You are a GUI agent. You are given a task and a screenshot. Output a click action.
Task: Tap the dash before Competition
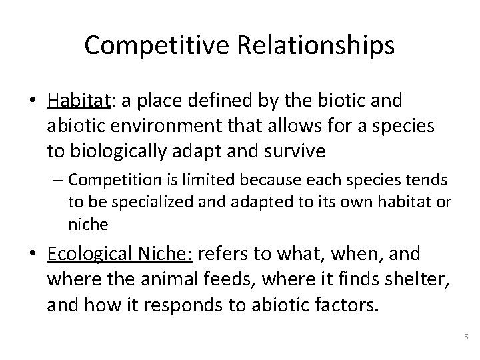(x=58, y=181)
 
